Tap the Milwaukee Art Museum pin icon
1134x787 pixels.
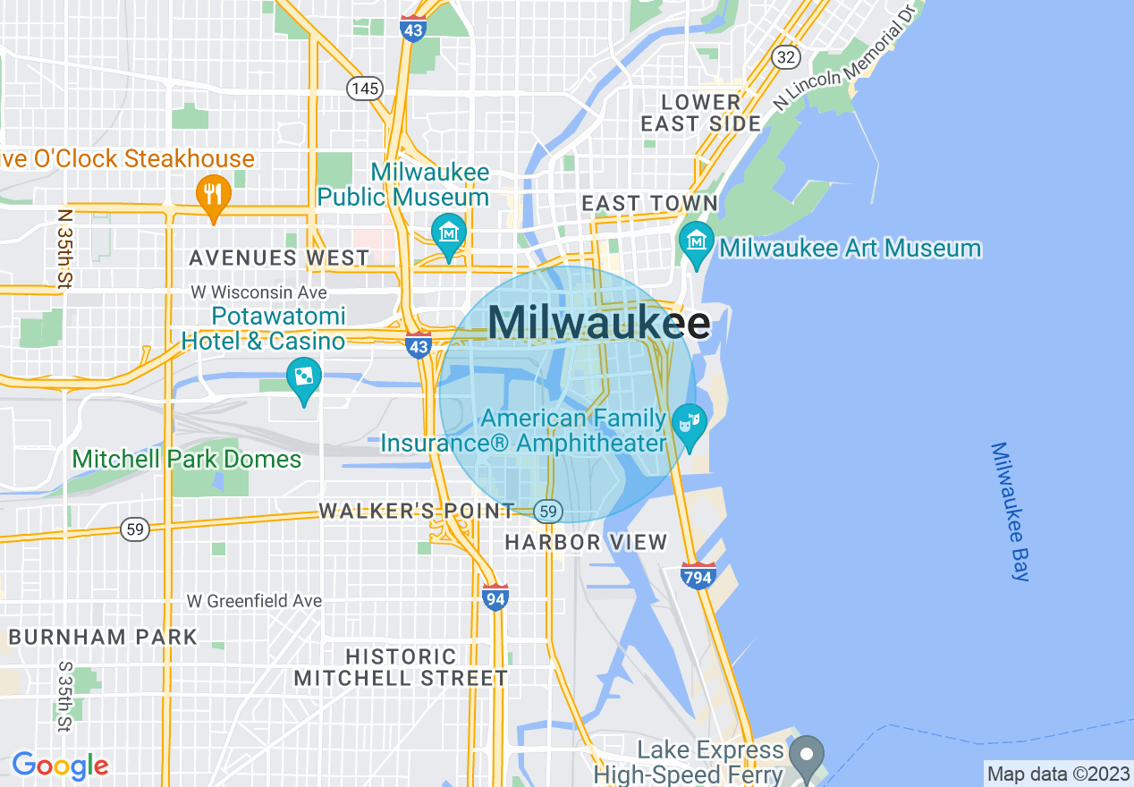pos(696,240)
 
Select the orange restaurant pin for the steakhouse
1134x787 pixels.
pos(213,195)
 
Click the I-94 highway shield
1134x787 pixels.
pos(495,597)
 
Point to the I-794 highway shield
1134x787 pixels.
pos(697,576)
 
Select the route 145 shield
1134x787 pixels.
pos(366,88)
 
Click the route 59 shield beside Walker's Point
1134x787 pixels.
pos(548,512)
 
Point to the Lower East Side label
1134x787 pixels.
pos(700,113)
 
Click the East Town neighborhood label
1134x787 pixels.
pos(649,204)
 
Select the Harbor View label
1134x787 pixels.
pos(586,542)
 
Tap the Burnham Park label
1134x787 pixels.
pos(102,638)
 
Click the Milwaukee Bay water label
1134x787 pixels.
pos(1011,512)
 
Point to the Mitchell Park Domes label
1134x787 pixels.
pos(187,460)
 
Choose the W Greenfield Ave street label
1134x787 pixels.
pos(254,601)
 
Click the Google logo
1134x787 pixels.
pos(60,766)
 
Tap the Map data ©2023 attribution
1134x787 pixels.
pos(1057,774)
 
